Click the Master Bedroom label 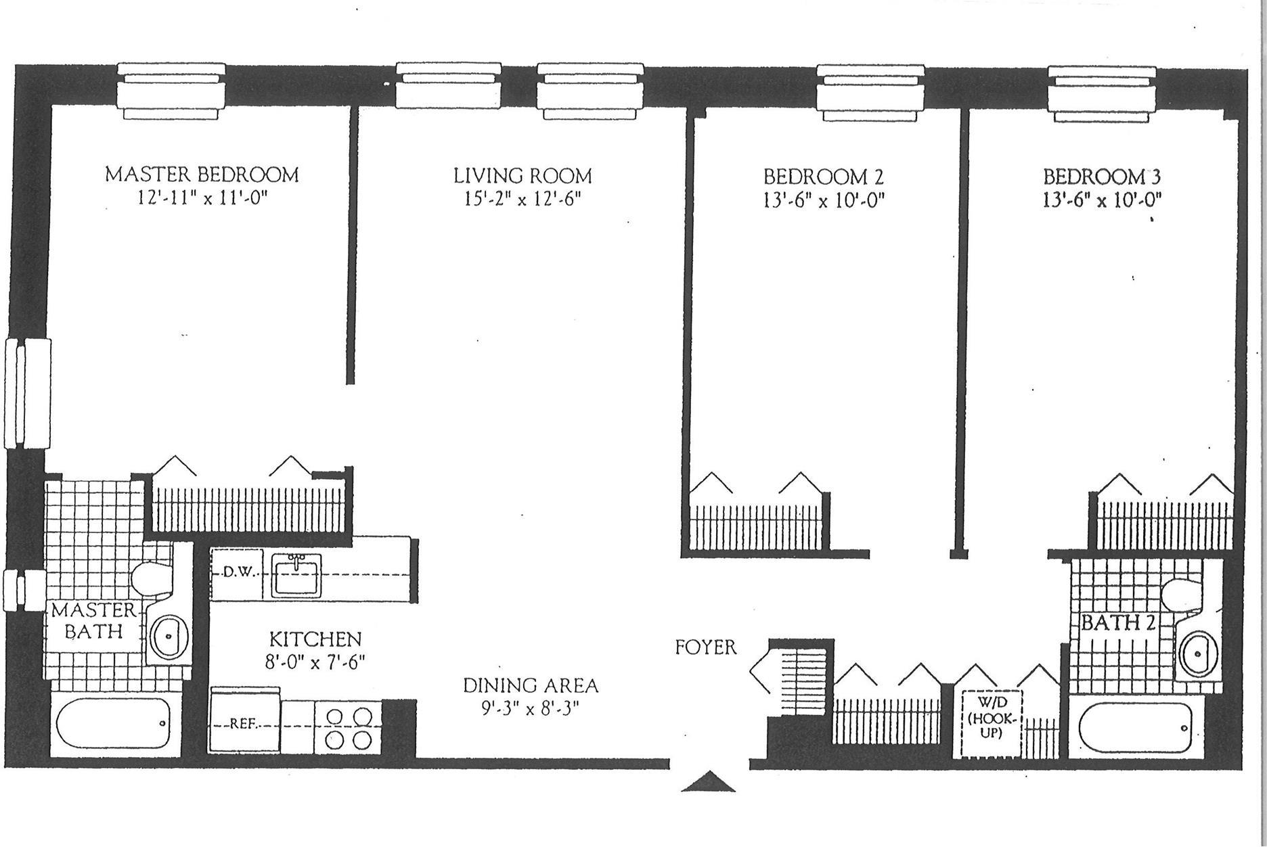[x=202, y=175]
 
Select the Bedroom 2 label [x=824, y=177]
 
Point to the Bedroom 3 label [x=1102, y=177]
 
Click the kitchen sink [x=296, y=575]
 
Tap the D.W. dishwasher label [x=239, y=572]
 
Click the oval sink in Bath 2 [x=1197, y=654]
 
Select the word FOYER [x=705, y=647]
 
